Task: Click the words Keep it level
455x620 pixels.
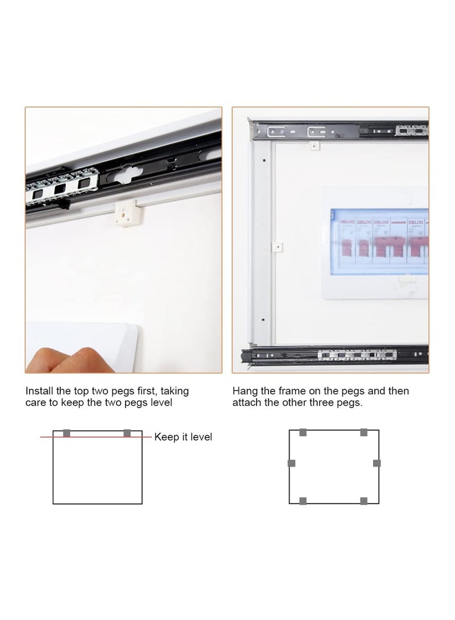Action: coord(183,437)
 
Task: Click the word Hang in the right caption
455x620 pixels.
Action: coord(244,391)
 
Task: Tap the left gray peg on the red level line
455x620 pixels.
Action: coord(67,434)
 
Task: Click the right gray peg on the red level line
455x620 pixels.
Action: coord(127,434)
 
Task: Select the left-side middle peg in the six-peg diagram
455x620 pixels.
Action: coord(292,463)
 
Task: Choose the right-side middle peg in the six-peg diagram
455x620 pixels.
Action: coord(377,463)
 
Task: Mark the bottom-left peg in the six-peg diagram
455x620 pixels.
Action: coord(303,501)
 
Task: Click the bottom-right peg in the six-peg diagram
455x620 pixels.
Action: coord(364,501)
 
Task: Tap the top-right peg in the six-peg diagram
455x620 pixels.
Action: coord(364,432)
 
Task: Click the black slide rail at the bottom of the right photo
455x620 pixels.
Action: coord(336,356)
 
